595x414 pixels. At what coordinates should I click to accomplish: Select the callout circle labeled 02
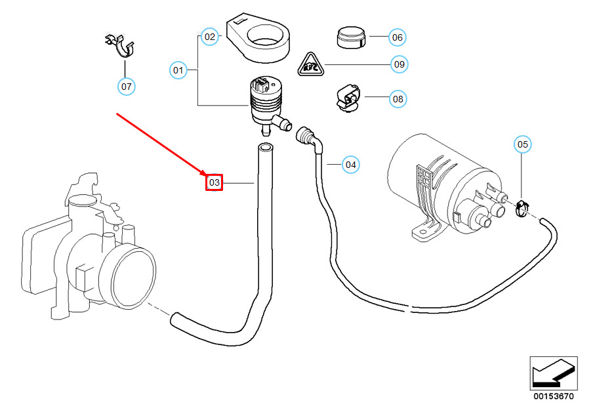tap(209, 37)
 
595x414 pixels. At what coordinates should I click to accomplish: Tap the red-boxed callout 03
tap(215, 182)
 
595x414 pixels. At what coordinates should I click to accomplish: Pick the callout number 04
tap(351, 164)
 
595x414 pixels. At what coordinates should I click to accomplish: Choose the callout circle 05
tap(522, 144)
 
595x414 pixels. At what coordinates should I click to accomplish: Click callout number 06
tap(397, 37)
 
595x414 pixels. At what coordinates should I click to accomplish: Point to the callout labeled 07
tap(126, 86)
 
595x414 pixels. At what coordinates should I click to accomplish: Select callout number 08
tap(398, 100)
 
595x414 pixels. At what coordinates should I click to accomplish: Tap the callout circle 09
tap(399, 64)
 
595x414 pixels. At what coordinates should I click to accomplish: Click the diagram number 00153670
tap(553, 396)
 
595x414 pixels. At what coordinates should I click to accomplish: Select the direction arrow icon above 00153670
tap(553, 373)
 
